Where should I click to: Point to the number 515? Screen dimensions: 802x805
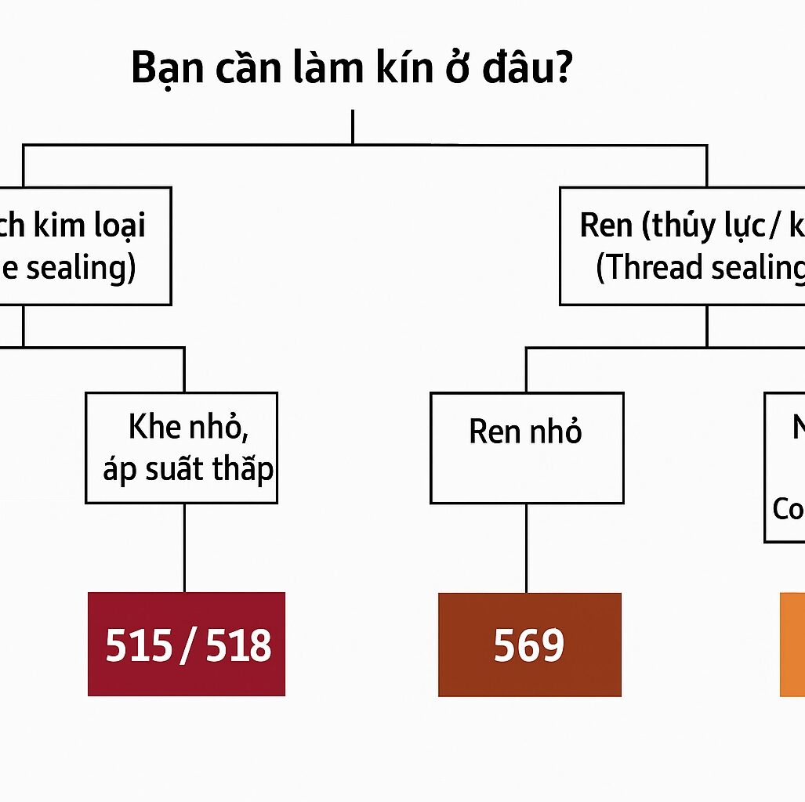(x=139, y=645)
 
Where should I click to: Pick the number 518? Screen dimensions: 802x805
(x=239, y=645)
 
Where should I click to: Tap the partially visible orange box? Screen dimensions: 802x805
(x=792, y=644)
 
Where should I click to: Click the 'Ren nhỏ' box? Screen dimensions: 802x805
(x=526, y=448)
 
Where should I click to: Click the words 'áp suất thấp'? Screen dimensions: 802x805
(x=188, y=469)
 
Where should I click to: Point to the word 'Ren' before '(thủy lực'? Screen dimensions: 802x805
(x=606, y=226)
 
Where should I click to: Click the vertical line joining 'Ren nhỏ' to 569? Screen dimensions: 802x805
(x=526, y=547)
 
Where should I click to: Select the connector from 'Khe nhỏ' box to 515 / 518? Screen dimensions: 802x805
(x=184, y=547)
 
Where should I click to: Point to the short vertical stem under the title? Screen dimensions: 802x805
(x=353, y=127)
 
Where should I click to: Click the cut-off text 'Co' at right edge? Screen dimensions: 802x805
(x=788, y=509)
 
